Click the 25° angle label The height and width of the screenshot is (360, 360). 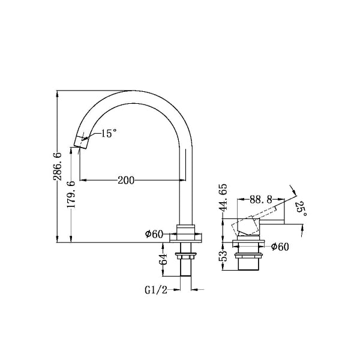(302, 209)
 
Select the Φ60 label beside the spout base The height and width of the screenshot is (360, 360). (154, 234)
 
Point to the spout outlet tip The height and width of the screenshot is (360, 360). (79, 142)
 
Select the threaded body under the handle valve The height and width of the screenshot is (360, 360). (248, 261)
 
